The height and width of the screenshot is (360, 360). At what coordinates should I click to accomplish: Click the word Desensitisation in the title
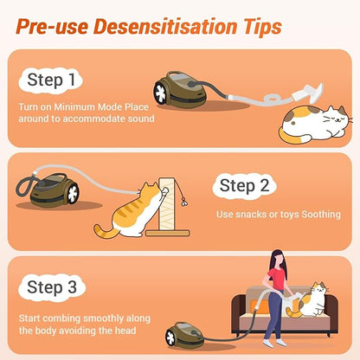185,25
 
